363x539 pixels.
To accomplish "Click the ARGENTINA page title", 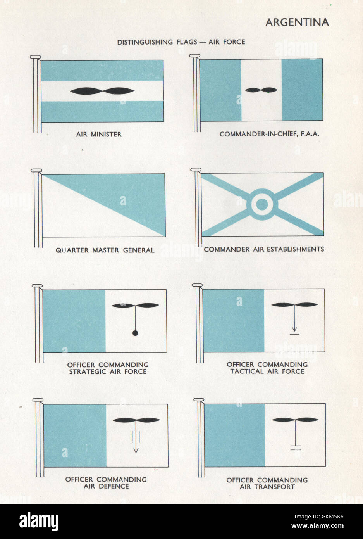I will click(x=297, y=22).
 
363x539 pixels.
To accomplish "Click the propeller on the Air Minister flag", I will click(x=102, y=92).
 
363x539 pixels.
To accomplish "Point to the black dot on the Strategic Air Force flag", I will click(x=135, y=333).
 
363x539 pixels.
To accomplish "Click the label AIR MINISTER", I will click(x=99, y=135).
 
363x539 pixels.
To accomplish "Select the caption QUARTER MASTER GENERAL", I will click(x=105, y=250).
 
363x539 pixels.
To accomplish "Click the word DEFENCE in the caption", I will click(x=114, y=486).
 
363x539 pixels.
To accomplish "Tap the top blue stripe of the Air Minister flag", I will click(x=102, y=70).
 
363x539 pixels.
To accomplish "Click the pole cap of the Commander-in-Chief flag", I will click(x=194, y=57).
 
